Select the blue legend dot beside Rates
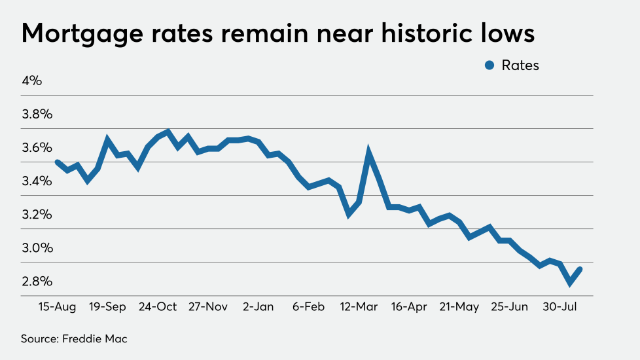click(x=489, y=65)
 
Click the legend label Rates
click(x=520, y=65)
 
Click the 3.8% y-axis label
click(x=37, y=115)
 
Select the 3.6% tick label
click(x=37, y=148)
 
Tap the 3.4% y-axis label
click(x=37, y=181)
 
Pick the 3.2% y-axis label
click(x=37, y=215)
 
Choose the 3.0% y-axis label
click(x=37, y=248)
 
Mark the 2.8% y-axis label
click(x=37, y=281)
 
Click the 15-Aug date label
click(x=58, y=306)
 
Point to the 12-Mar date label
click(x=359, y=306)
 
